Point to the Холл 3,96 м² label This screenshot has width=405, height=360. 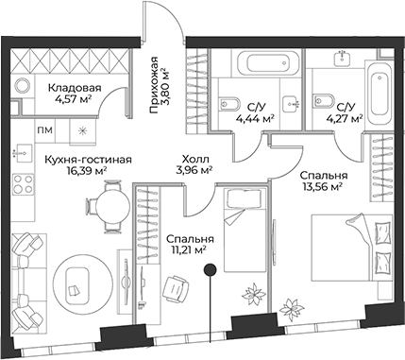(196, 165)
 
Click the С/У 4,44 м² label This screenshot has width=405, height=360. (258, 112)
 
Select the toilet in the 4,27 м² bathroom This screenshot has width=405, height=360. (320, 100)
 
